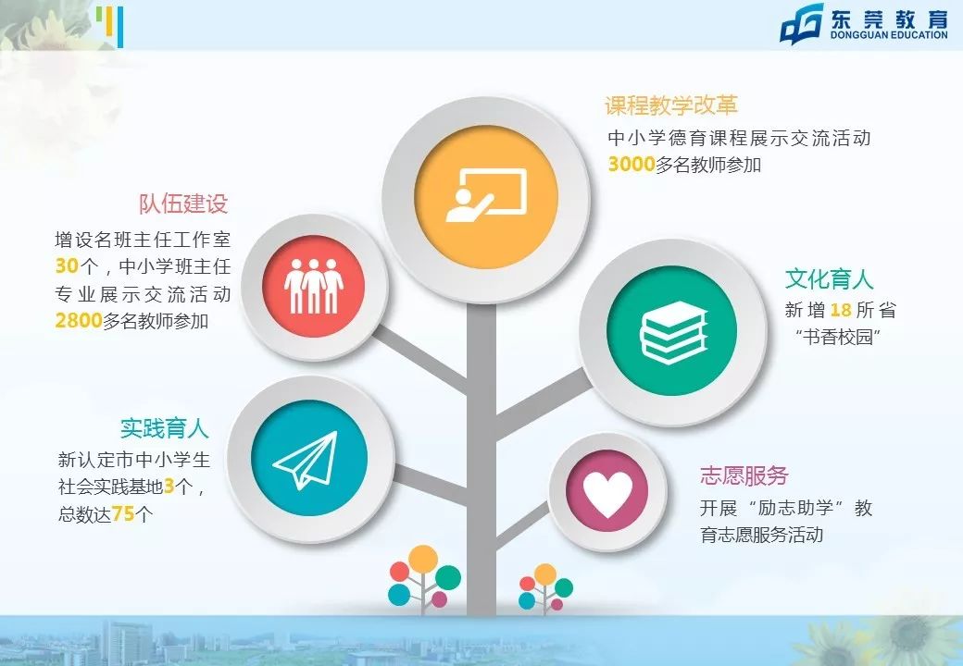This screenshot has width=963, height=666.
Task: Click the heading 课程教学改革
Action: pos(670,105)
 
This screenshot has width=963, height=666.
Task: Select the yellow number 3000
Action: pos(631,165)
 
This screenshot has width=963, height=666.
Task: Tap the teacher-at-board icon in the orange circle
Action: pos(485,195)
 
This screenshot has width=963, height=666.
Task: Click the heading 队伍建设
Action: pos(183,203)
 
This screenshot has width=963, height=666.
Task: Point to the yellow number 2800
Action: pos(78,321)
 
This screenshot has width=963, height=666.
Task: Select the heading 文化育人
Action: pos(829,278)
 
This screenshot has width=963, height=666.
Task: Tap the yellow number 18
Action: pos(841,310)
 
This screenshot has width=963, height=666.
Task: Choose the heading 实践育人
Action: pos(164,429)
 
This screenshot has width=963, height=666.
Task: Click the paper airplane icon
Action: pos(305,461)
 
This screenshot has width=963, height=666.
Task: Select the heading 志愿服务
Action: pos(744,475)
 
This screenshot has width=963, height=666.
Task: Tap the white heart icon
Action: pos(607,495)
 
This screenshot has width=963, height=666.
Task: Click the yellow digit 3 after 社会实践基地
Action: pos(169,487)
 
